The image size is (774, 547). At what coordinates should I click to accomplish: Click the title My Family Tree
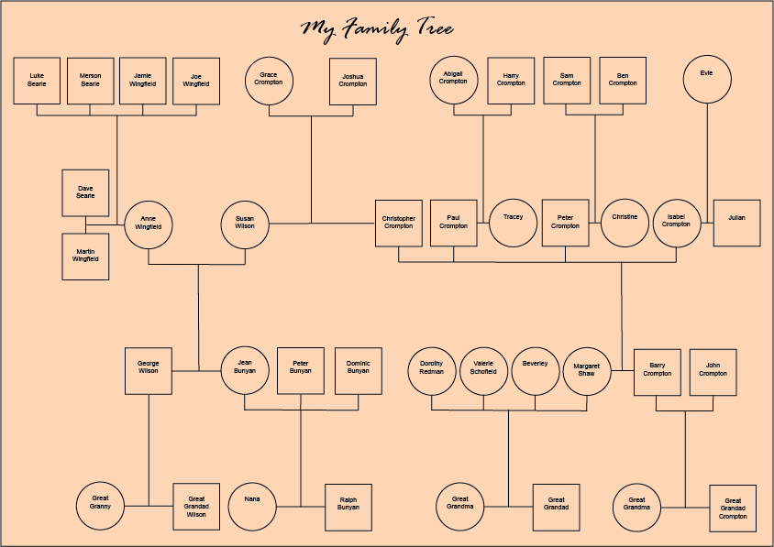pyautogui.click(x=378, y=29)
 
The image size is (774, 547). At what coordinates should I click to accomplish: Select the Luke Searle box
pyautogui.click(x=38, y=81)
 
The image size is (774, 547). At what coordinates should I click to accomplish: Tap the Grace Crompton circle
pyautogui.click(x=269, y=81)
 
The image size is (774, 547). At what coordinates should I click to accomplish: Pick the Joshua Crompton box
pyautogui.click(x=353, y=82)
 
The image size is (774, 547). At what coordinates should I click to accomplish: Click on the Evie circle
pyautogui.click(x=707, y=80)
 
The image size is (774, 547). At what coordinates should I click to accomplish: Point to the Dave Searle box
pyautogui.click(x=86, y=192)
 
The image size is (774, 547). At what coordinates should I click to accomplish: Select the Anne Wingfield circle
pyautogui.click(x=149, y=224)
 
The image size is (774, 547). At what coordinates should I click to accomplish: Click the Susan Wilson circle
pyautogui.click(x=245, y=224)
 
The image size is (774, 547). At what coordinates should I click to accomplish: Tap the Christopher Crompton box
pyautogui.click(x=399, y=223)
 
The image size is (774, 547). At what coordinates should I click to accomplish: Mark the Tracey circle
pyautogui.click(x=513, y=223)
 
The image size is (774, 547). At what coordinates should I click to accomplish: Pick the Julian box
pyautogui.click(x=737, y=223)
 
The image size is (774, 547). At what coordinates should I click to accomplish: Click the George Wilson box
pyautogui.click(x=149, y=370)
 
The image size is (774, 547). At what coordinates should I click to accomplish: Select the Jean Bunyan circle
pyautogui.click(x=245, y=370)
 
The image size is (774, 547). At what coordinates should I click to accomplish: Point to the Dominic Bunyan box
pyautogui.click(x=359, y=370)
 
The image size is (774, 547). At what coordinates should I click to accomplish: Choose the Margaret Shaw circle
pyautogui.click(x=586, y=370)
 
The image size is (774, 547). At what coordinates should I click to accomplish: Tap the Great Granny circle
pyautogui.click(x=100, y=505)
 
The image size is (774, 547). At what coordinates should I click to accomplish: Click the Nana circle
pyautogui.click(x=252, y=505)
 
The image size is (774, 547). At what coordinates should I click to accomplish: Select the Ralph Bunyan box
pyautogui.click(x=348, y=507)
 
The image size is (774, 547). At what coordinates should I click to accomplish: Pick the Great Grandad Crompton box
pyautogui.click(x=733, y=509)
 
